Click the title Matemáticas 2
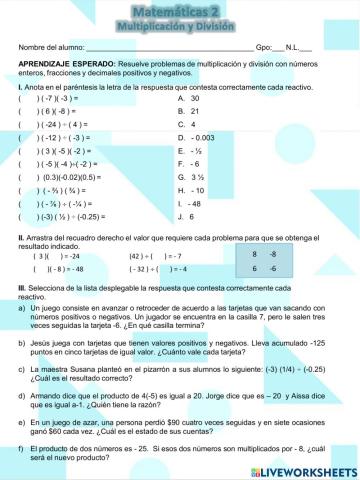(x=180, y=9)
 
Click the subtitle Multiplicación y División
(x=180, y=23)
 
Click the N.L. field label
(x=294, y=47)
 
